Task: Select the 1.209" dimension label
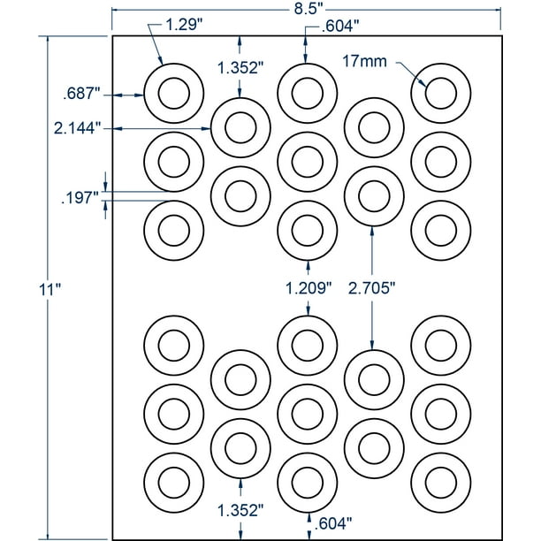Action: click(x=308, y=286)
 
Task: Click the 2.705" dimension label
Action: click(x=370, y=286)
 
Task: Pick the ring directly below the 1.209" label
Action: click(x=307, y=343)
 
